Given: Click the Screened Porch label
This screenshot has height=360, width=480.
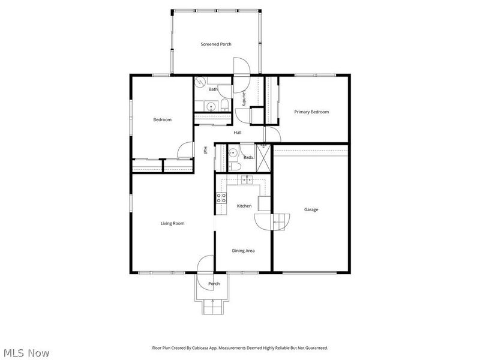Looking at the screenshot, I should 215,44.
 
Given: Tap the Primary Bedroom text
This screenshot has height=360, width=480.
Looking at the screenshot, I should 311,112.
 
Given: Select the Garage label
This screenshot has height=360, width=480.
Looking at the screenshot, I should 311,209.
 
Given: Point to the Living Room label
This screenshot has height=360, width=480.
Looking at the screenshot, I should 172,223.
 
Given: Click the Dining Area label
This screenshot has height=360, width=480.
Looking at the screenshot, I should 243,251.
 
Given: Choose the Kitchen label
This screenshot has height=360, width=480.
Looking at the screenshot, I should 244,206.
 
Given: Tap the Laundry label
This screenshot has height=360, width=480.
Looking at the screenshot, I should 244,98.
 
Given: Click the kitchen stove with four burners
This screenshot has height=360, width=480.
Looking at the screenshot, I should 221,198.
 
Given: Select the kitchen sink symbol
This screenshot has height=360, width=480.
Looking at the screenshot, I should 246,179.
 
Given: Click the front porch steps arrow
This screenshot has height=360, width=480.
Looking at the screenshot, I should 213,302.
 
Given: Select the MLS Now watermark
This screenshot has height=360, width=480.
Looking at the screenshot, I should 25,353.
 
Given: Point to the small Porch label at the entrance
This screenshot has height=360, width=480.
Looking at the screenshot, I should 214,284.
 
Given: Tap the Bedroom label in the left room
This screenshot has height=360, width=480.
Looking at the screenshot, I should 162,119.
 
